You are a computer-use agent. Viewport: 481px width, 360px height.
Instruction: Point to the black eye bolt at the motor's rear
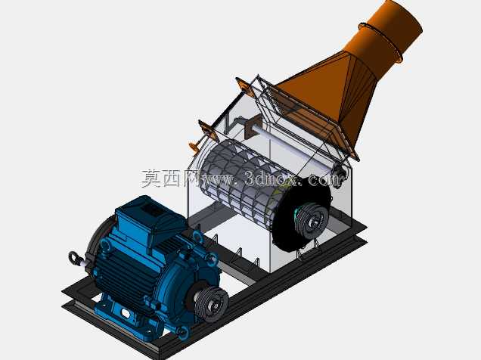click(x=73, y=257)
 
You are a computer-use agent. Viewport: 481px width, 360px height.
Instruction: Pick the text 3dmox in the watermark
click(x=272, y=178)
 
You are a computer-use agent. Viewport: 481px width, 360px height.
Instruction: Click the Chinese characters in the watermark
click(x=171, y=178)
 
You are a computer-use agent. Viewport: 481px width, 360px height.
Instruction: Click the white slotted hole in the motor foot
click(x=126, y=313)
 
